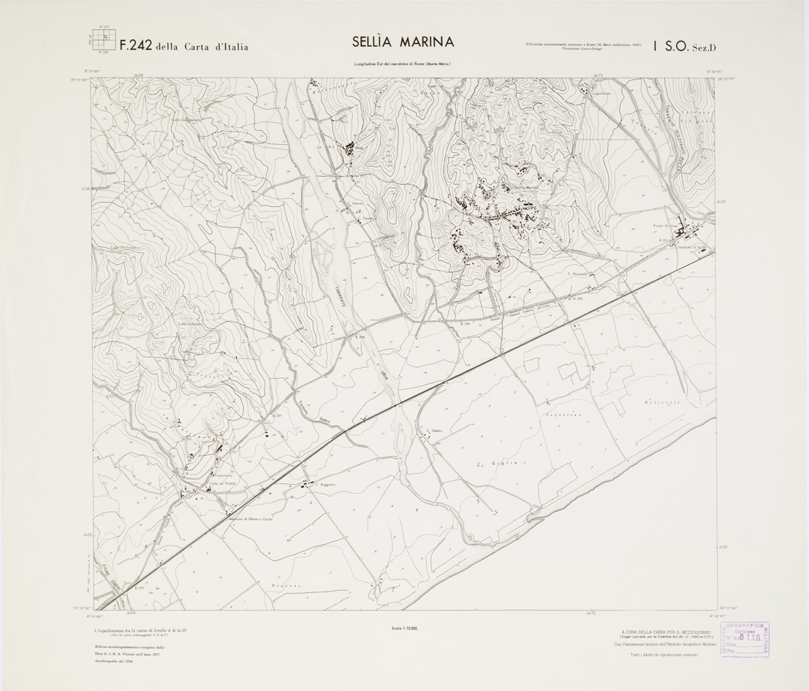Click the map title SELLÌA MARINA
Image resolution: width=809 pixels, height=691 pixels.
(403, 42)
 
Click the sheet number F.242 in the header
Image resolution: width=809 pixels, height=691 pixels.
(136, 45)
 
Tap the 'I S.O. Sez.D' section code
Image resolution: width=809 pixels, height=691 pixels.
(685, 46)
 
